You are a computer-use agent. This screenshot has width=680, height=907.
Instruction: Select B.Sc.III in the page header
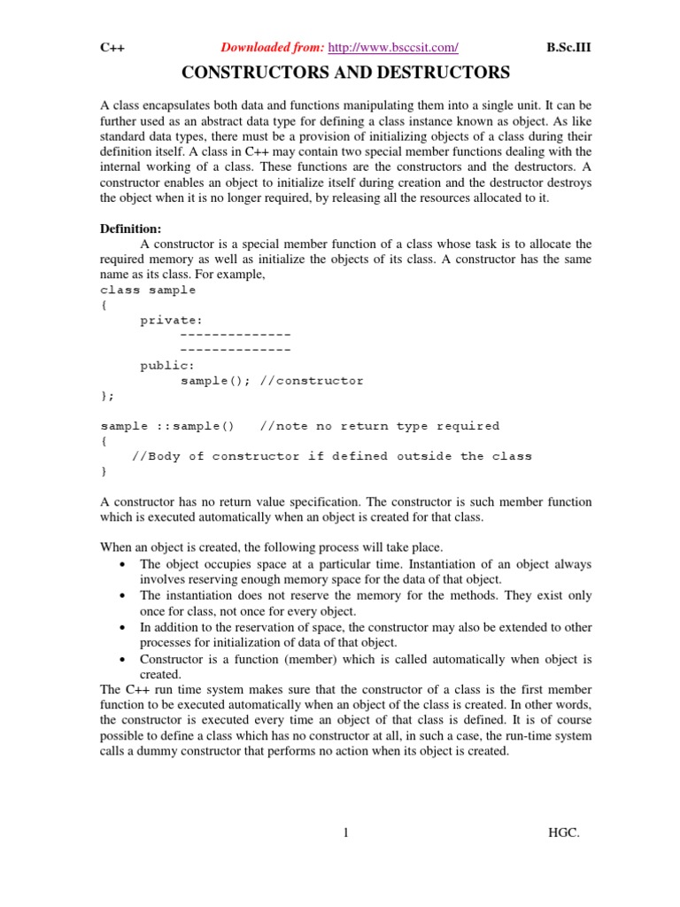click(568, 48)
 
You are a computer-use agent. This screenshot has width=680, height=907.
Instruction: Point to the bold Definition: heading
click(131, 229)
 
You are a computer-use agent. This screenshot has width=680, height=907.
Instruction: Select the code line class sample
click(148, 290)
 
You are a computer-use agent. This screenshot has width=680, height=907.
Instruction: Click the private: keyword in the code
click(171, 321)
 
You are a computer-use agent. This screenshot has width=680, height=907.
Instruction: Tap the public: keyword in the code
click(167, 365)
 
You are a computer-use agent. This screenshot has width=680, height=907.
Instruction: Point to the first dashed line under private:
click(235, 335)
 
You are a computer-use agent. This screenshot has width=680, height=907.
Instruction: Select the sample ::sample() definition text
click(167, 426)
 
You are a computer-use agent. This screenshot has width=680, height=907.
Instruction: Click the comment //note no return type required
click(380, 426)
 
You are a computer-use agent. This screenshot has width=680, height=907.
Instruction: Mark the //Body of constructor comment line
click(332, 456)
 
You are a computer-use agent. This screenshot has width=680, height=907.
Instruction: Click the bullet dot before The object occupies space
click(120, 564)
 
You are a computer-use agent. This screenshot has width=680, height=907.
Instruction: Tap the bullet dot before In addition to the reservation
click(120, 627)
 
